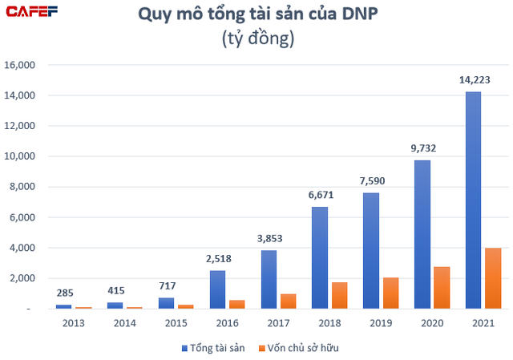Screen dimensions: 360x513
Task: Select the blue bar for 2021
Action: click(x=473, y=200)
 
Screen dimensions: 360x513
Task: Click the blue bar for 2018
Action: click(x=319, y=257)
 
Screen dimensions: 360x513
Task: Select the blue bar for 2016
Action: click(x=217, y=289)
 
